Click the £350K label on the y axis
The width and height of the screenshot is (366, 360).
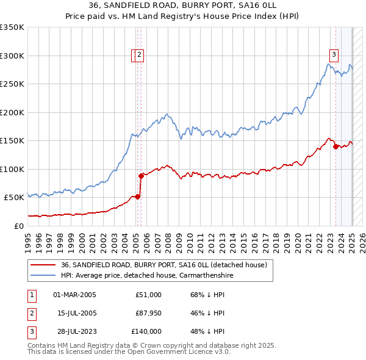[12, 27]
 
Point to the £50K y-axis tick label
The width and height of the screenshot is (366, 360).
[14, 198]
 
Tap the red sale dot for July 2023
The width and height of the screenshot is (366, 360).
[335, 146]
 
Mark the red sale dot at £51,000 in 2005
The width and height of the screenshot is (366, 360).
[137, 196]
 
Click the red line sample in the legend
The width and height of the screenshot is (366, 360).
[42, 265]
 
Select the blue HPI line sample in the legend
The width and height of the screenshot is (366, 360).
[42, 275]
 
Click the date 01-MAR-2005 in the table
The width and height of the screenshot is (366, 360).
[74, 295]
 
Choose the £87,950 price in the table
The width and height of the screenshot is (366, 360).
[148, 313]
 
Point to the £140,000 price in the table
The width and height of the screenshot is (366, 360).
[146, 331]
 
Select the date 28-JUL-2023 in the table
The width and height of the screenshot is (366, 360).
[74, 331]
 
